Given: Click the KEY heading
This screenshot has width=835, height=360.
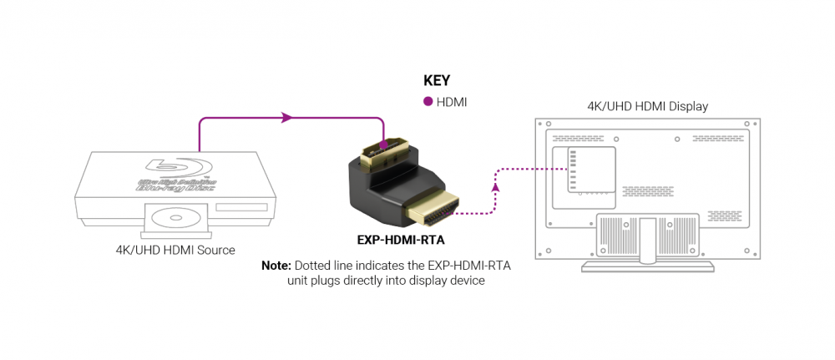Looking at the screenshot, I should click(437, 81).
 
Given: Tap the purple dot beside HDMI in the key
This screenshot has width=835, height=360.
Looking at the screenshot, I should click(428, 102).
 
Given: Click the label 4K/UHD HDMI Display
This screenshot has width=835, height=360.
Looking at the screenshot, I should click(647, 106).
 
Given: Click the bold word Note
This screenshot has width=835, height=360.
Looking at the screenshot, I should click(275, 266).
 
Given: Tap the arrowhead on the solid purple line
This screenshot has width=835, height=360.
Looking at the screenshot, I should click(288, 118).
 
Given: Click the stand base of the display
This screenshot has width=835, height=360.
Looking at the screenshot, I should click(646, 266).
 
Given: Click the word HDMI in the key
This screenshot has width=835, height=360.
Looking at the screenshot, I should click(452, 102).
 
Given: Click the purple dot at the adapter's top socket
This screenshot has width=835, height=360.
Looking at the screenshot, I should click(383, 145).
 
